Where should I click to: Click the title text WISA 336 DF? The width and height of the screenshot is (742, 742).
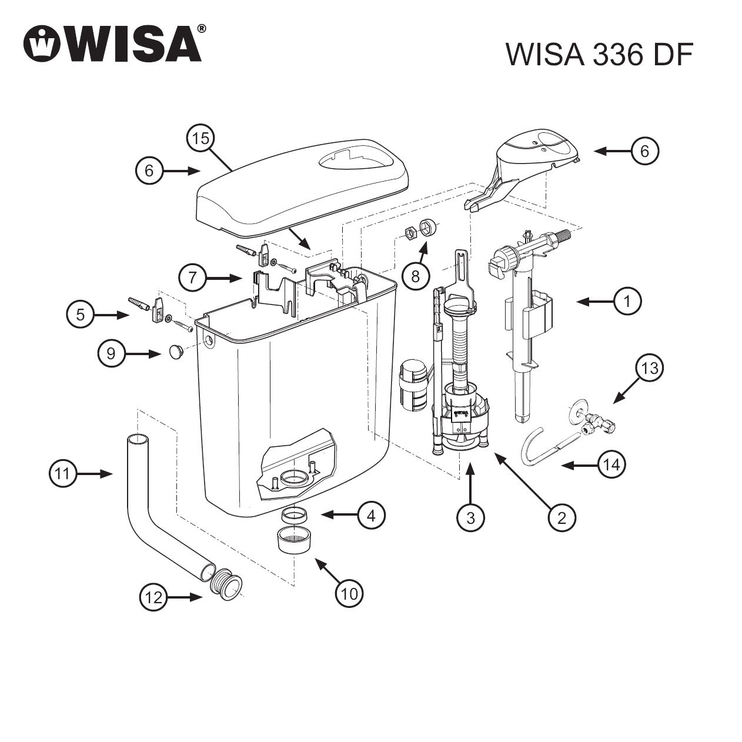pos(599,55)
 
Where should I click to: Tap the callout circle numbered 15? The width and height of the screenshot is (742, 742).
pos(201,139)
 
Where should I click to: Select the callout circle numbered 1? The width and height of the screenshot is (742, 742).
pos(627,302)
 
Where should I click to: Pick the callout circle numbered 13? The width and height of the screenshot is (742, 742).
pos(650,369)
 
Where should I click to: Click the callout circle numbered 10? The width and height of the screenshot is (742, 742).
pos(349,594)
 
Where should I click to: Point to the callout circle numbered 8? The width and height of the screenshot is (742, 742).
pos(416,276)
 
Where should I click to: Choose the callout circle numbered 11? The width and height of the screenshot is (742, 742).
pos(63,474)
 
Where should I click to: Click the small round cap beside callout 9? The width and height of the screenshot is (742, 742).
pos(175,352)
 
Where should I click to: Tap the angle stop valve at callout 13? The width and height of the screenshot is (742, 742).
pos(594,422)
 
